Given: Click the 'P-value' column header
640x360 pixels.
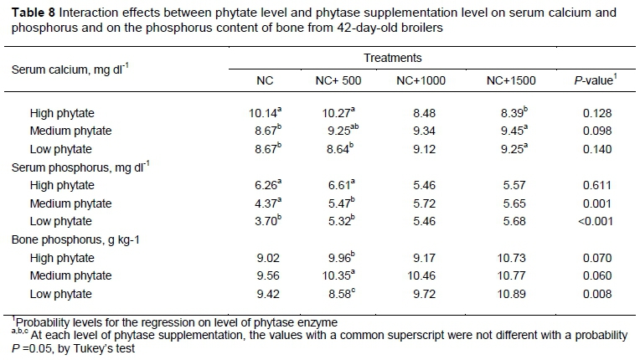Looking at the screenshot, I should (592, 81).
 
